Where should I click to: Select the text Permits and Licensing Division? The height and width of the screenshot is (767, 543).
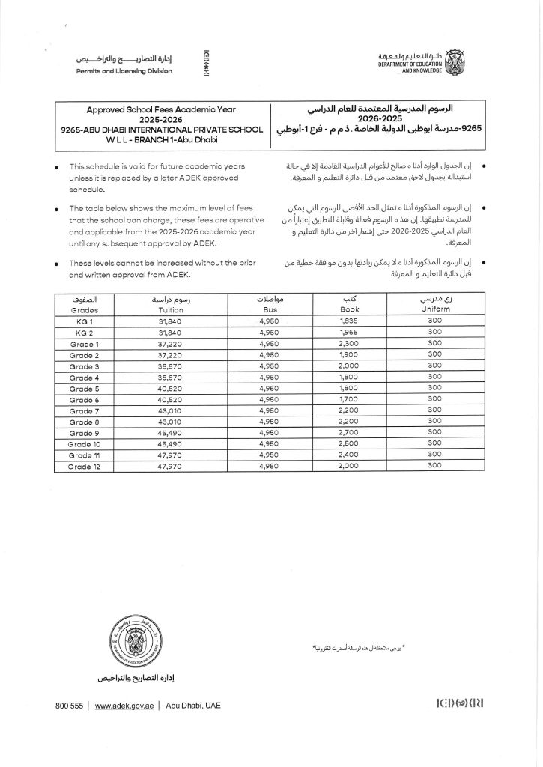pyautogui.click(x=124, y=71)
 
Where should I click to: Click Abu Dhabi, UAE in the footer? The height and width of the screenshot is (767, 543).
pyautogui.click(x=193, y=706)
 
